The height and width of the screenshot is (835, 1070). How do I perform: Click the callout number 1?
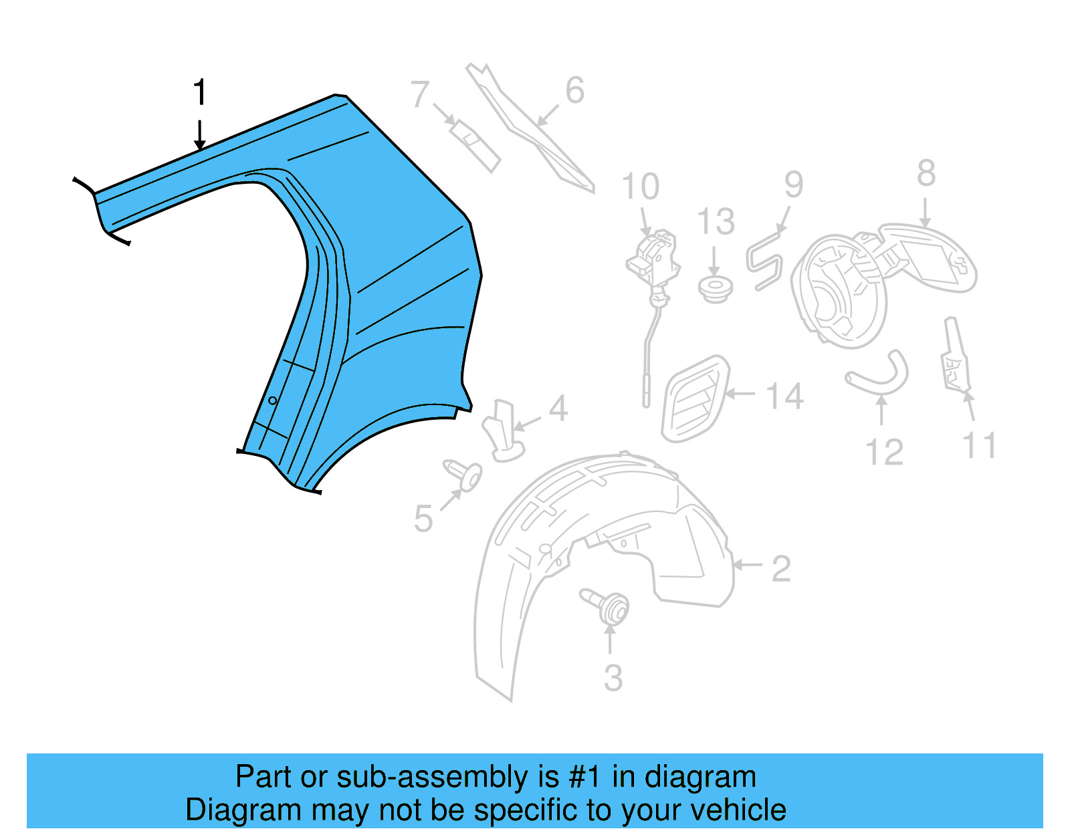199,92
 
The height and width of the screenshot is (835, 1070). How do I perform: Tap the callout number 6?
574,91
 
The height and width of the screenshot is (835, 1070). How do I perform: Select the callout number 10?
640,187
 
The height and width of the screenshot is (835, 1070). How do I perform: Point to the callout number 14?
784,396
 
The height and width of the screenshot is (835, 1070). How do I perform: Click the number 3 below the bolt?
613,677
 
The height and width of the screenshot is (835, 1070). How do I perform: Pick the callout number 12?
884,453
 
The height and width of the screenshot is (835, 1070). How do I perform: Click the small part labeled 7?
475,146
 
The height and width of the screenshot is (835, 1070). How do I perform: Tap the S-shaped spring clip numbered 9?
763,261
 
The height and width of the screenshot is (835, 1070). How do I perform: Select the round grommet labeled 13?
715,288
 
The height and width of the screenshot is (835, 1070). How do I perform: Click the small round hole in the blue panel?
272,400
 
